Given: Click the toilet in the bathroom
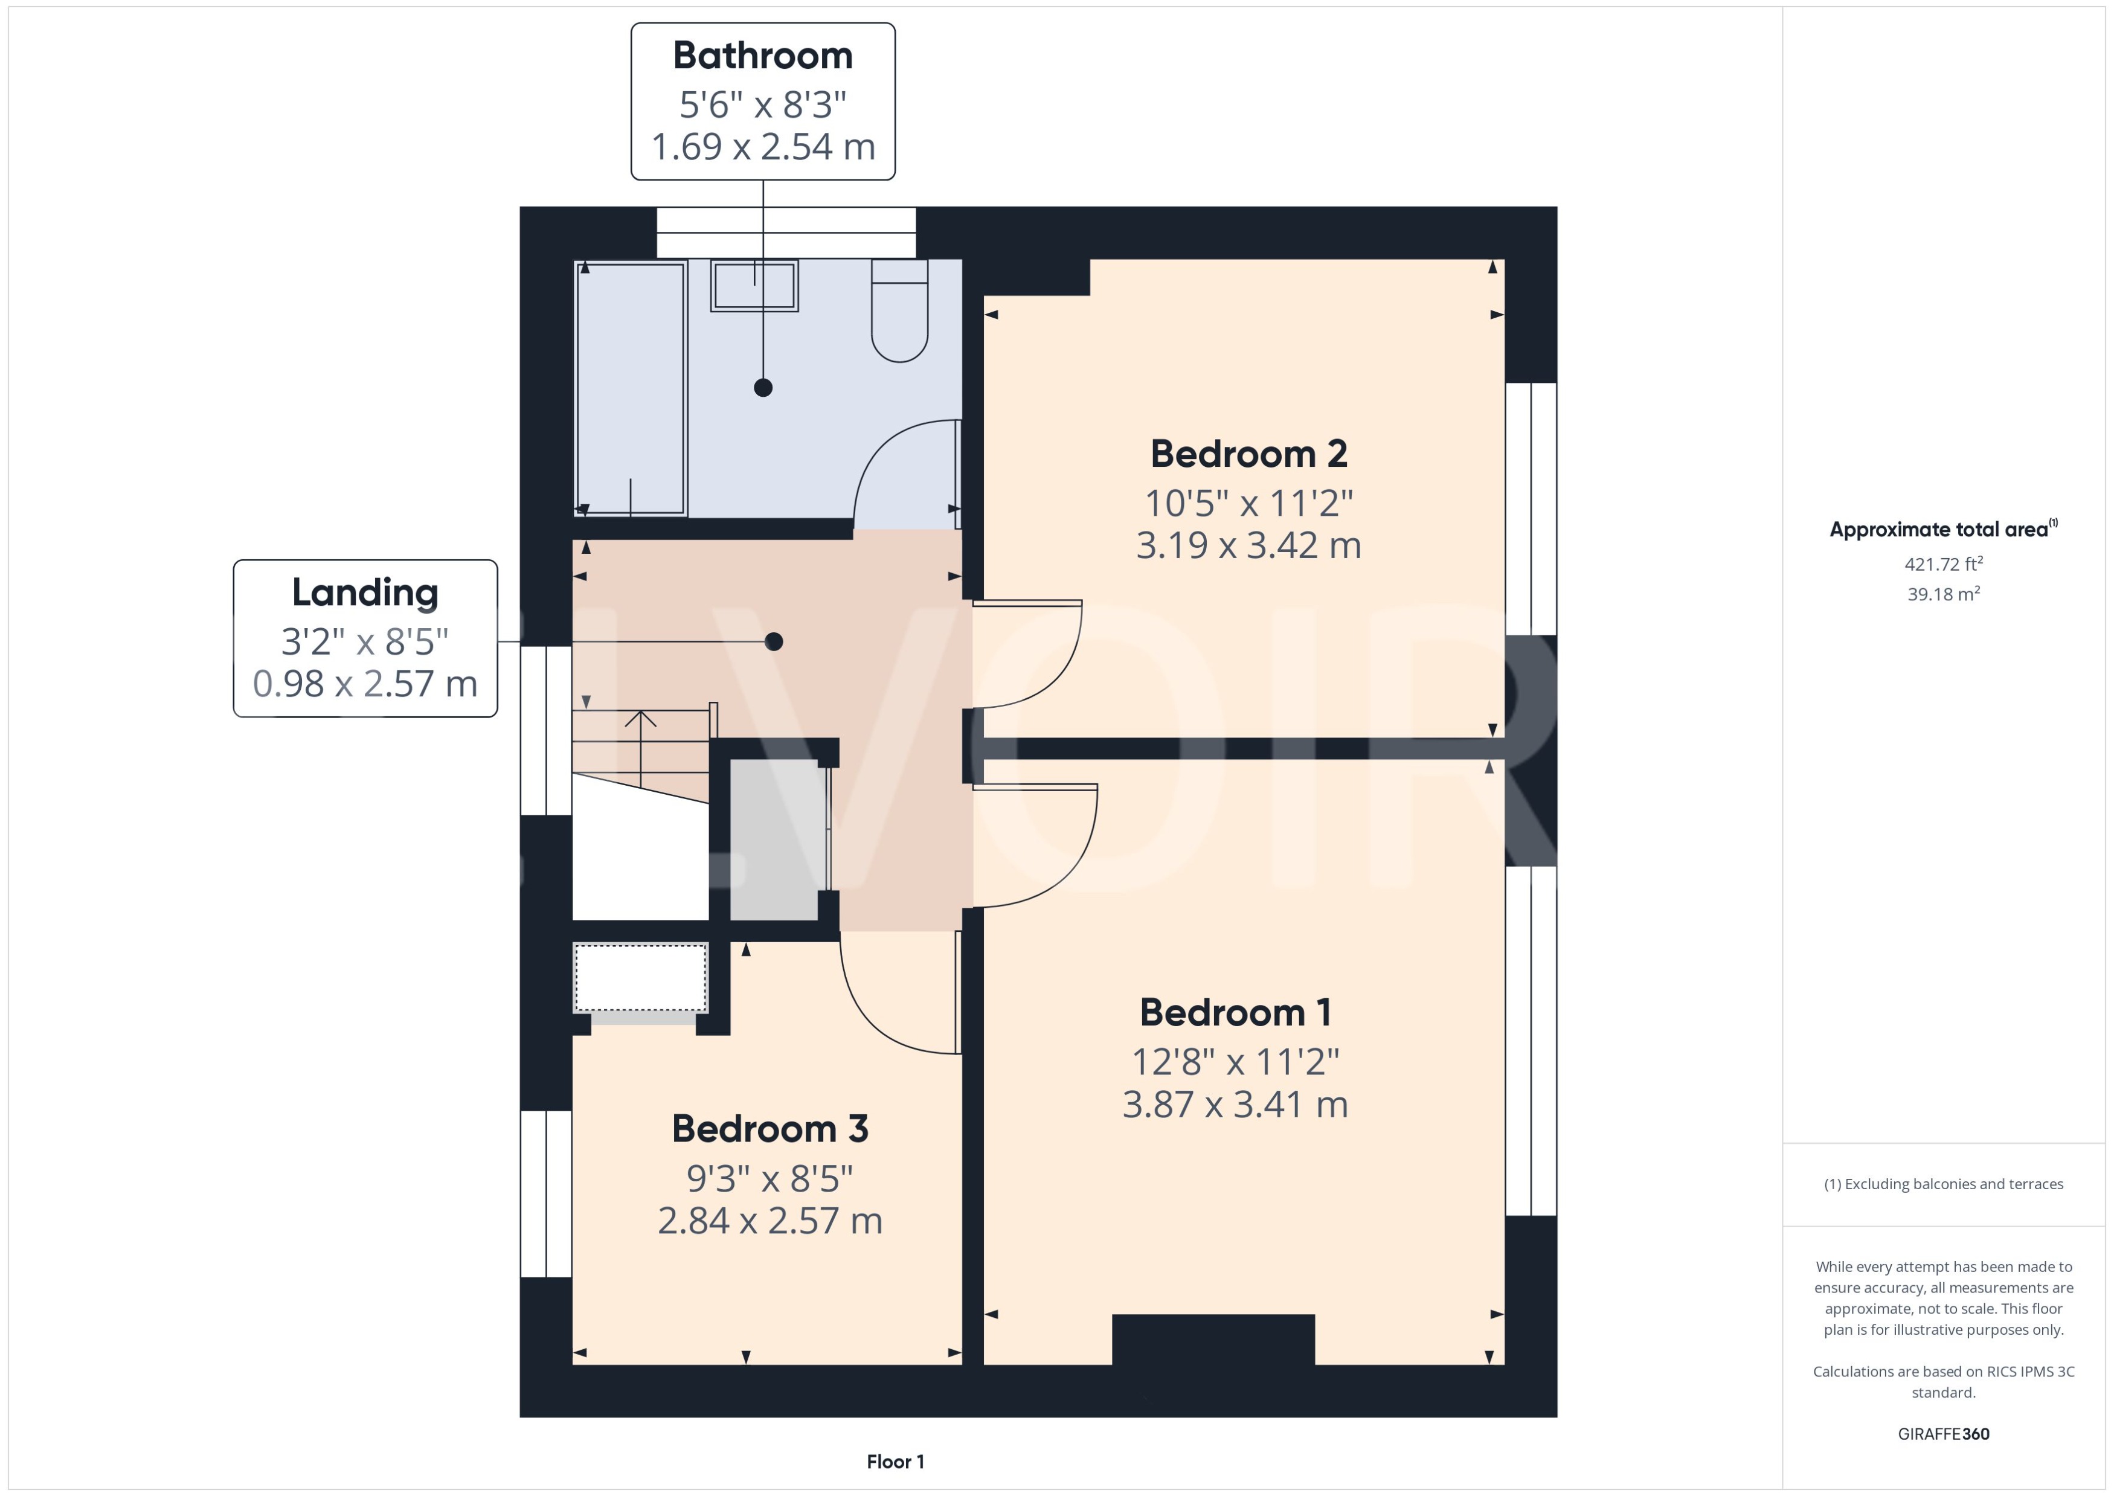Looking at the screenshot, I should (899, 313).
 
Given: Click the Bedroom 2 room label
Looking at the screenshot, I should (1248, 454).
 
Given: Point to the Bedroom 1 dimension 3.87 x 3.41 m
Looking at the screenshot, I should (1235, 1105).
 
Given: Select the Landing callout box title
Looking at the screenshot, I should (365, 592).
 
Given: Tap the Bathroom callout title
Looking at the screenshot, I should (763, 56).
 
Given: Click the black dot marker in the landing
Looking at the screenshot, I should (774, 641).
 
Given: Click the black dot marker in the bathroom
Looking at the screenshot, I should (763, 388).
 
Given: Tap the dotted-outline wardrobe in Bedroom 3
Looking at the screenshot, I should (640, 978).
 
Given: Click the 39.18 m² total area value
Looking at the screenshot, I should (1942, 594).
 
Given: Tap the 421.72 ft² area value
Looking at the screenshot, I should (1942, 563).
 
